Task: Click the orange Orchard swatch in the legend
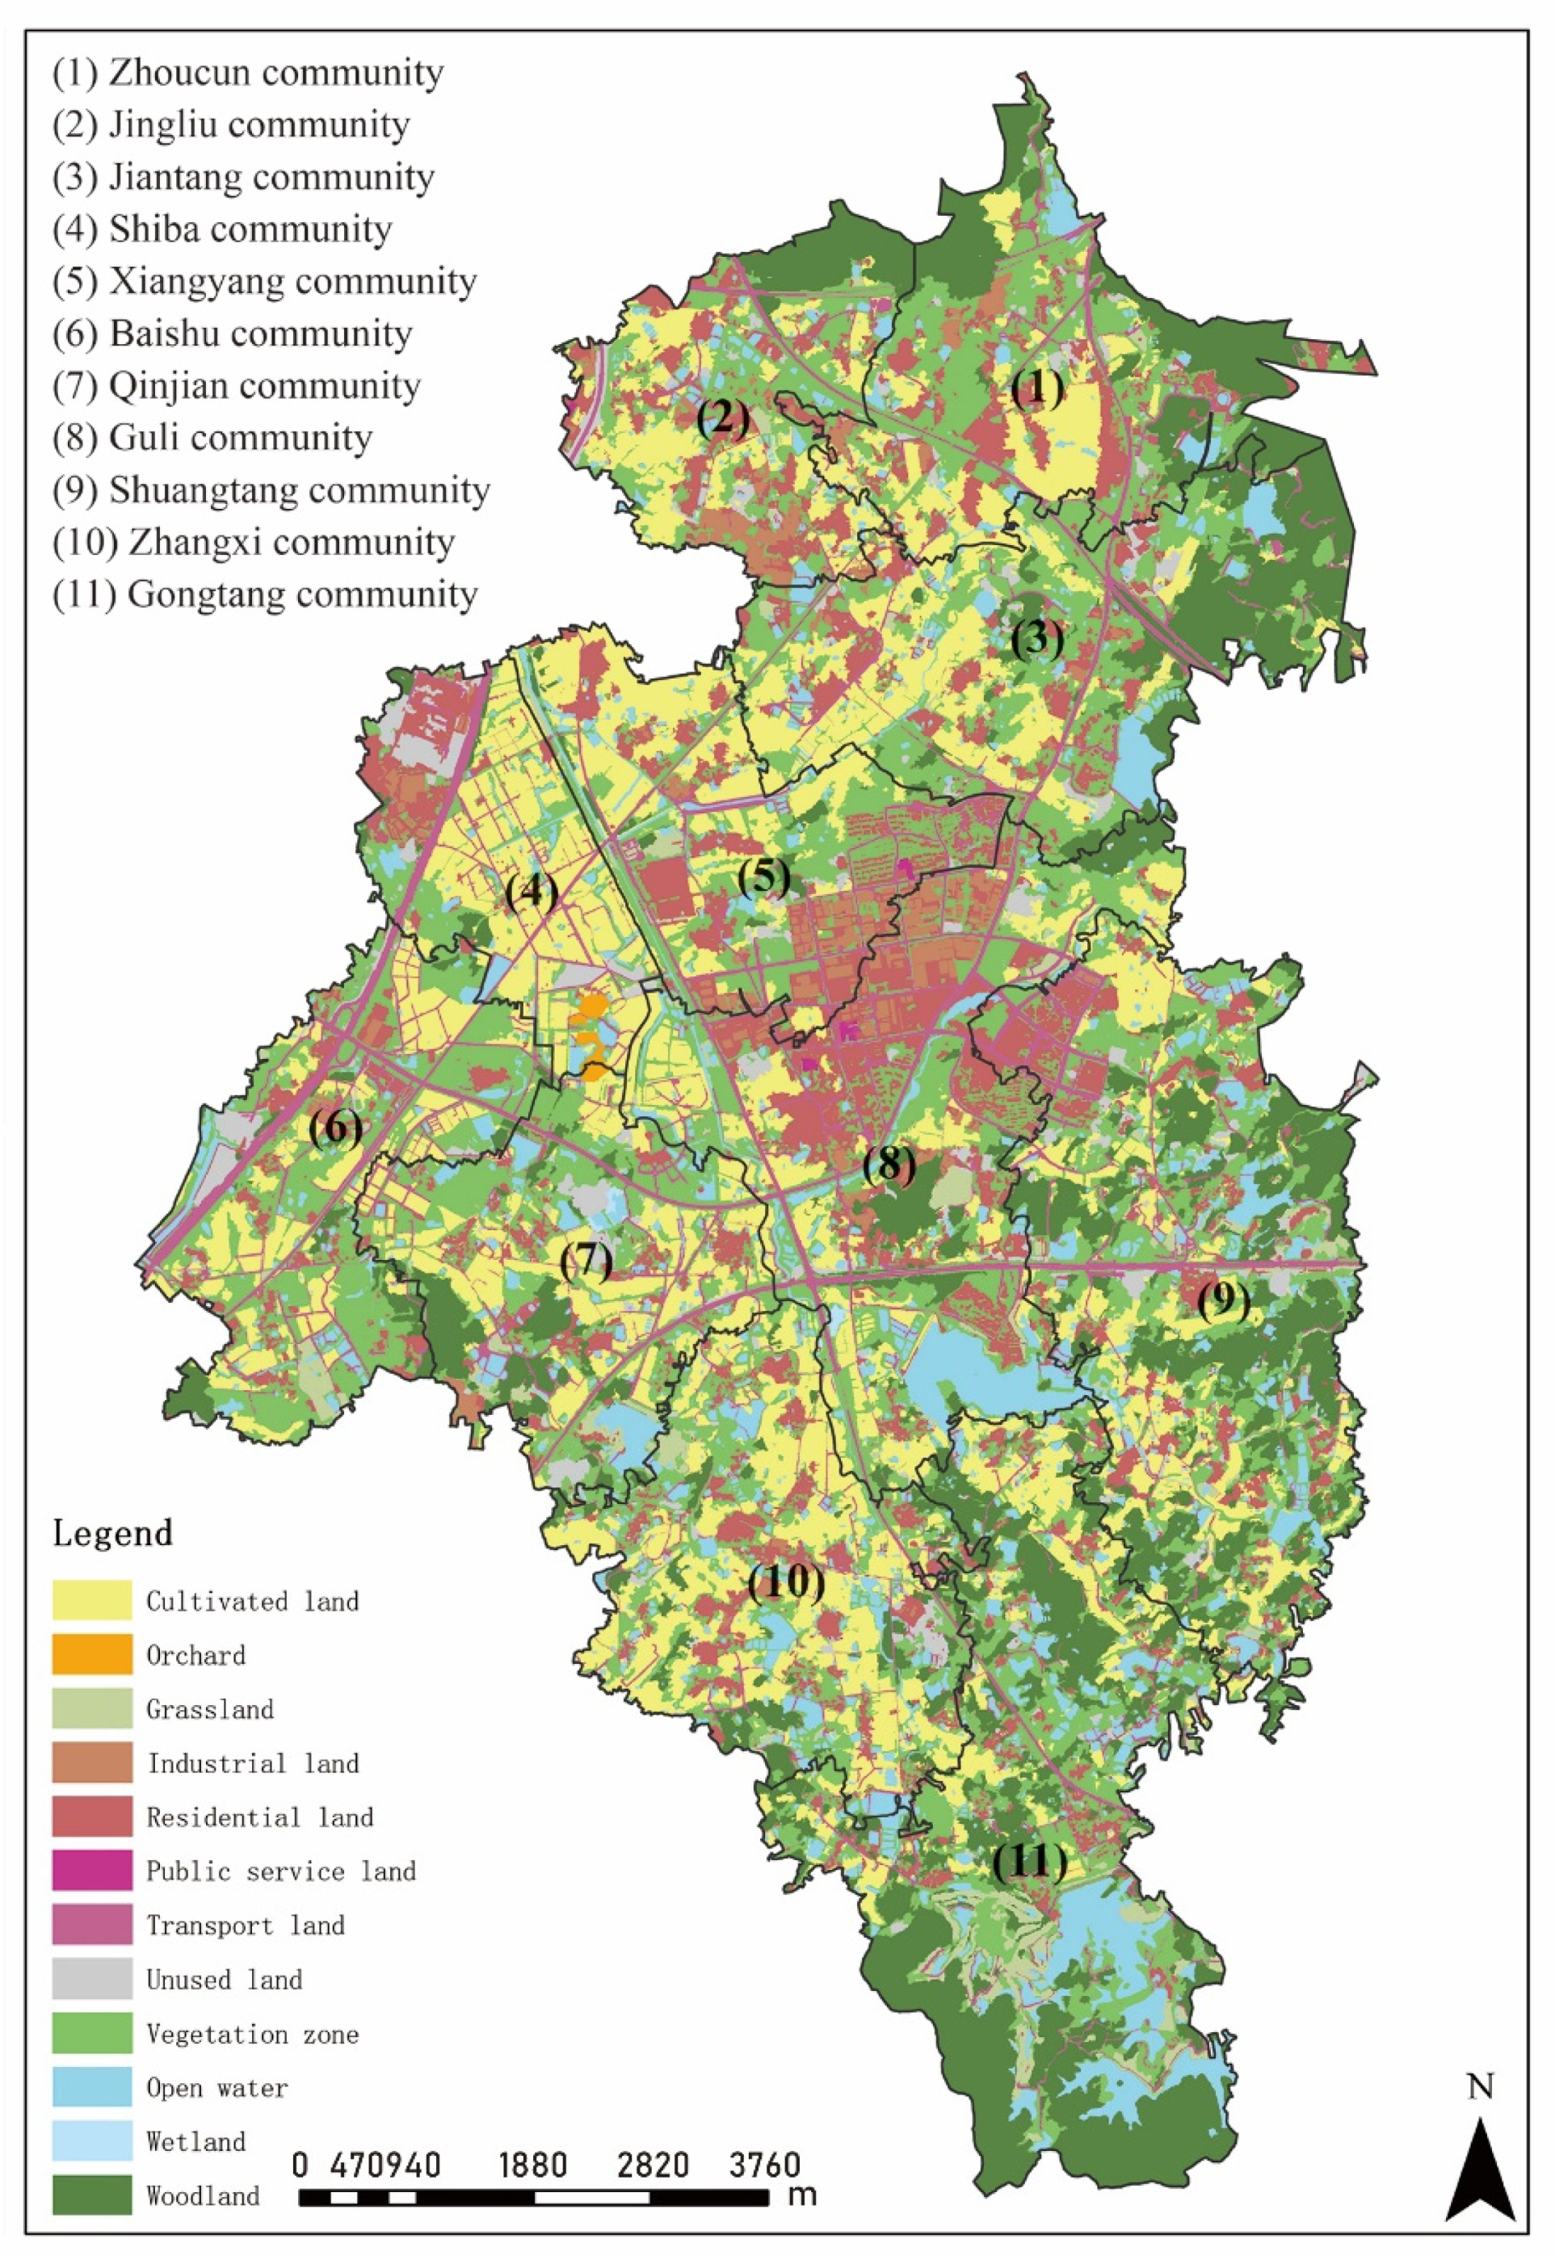[x=91, y=1655]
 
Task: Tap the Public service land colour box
[x=91, y=1871]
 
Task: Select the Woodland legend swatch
[x=91, y=2195]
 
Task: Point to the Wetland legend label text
[x=195, y=2142]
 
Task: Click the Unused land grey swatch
[x=91, y=1980]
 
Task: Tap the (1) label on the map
[x=1036, y=389]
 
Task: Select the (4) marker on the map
[x=531, y=892]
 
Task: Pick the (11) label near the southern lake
[x=1029, y=1863]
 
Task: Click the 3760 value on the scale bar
[x=765, y=2165]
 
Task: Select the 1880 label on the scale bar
[x=532, y=2165]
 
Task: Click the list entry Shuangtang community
[x=271, y=490]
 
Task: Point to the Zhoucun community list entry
[x=249, y=72]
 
